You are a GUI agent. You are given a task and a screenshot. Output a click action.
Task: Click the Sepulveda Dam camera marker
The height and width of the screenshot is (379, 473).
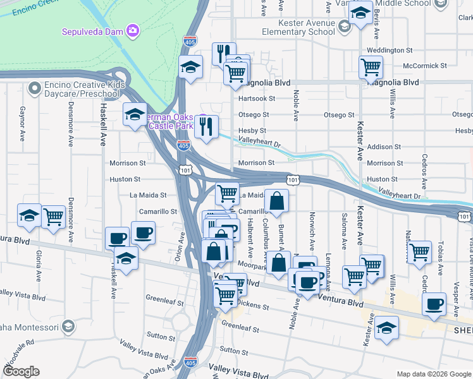(133, 30)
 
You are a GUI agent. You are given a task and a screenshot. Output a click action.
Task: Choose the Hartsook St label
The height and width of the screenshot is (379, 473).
(256, 99)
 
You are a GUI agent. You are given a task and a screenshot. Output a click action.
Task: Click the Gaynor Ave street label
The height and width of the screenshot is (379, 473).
(22, 123)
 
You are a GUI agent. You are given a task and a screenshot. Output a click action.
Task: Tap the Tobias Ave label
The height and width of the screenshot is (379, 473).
(438, 258)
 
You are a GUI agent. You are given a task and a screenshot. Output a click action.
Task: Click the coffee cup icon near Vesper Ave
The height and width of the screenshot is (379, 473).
(434, 304)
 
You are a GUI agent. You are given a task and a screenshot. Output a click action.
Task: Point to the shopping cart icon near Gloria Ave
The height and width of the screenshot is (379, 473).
(54, 217)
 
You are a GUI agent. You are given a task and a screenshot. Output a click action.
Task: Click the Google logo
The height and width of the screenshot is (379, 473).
(21, 371)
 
